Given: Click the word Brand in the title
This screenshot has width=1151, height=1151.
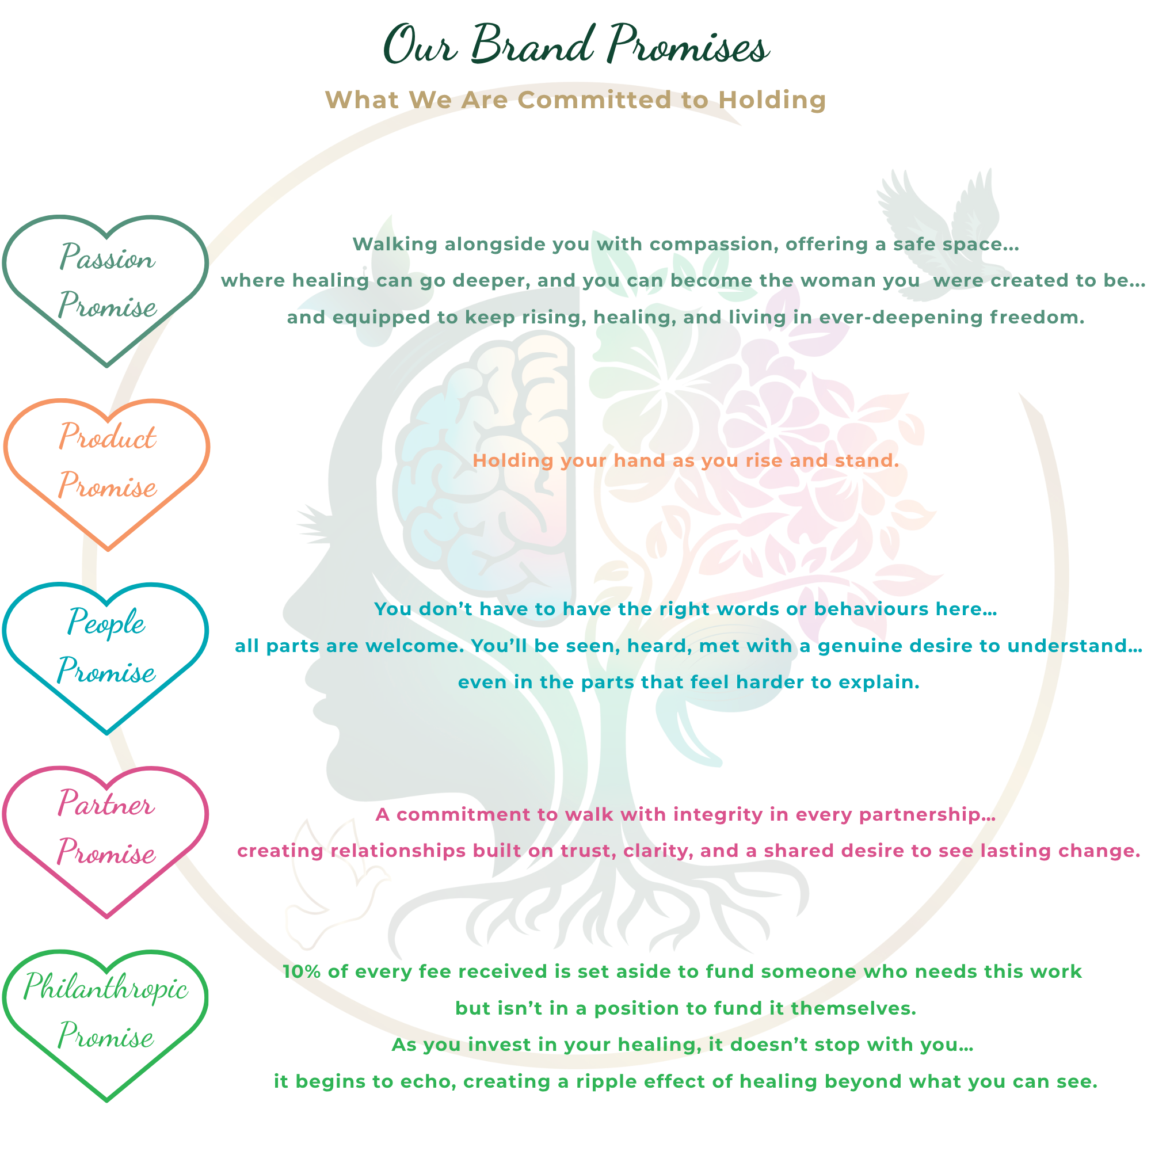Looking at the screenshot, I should (532, 45).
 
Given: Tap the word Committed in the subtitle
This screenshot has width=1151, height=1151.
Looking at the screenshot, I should (593, 100).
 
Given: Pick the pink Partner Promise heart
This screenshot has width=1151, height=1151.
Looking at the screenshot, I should (106, 831).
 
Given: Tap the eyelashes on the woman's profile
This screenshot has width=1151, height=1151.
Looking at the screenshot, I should (312, 524).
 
